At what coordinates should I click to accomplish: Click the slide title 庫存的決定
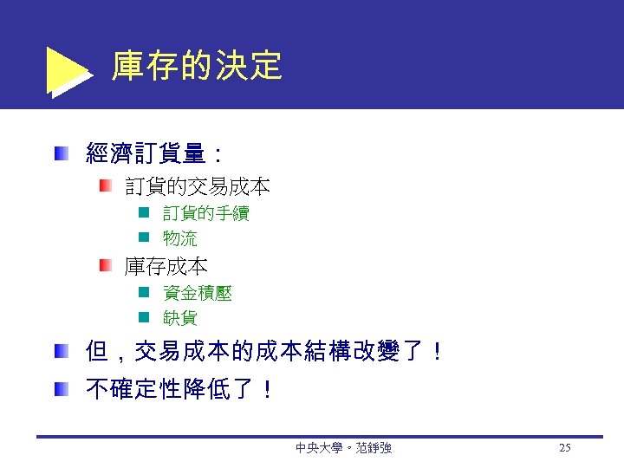pos(197,66)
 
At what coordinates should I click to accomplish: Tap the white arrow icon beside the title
pos(66,69)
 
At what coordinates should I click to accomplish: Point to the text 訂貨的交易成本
pos(198,186)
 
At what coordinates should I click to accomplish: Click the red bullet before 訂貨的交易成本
pos(105,185)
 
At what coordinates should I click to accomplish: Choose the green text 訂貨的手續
pos(206,213)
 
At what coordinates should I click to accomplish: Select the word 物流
pos(180,238)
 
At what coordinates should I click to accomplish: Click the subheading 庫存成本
pos(166,266)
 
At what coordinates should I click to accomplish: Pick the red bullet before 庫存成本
pos(105,265)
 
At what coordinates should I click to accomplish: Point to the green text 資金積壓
pos(198,294)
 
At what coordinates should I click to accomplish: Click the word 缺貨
pos(180,318)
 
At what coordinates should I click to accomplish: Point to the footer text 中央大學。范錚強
pos(343,448)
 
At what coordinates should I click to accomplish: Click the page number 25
pos(565,448)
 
